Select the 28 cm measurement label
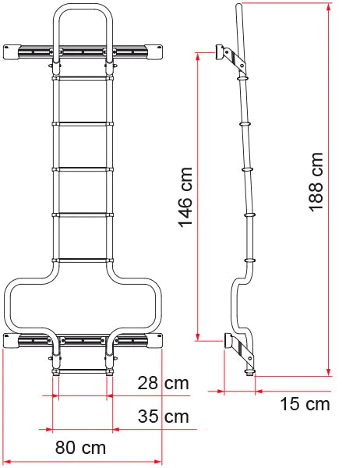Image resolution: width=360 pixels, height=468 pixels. point(163,383)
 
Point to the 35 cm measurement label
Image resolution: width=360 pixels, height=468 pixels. point(163,417)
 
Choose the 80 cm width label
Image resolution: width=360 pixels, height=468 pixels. point(81,448)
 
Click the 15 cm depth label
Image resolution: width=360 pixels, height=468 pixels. point(305,404)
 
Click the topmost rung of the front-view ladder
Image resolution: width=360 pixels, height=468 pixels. point(82,77)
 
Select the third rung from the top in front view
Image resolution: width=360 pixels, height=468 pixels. point(82,168)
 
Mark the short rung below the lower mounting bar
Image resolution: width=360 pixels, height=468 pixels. point(82,370)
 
